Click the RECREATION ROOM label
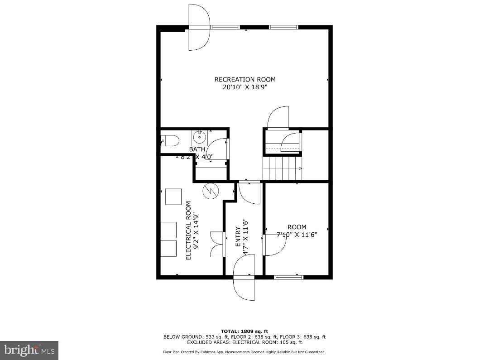point(244,80)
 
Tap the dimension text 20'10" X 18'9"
point(244,87)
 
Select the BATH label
point(197,149)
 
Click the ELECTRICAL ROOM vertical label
point(189,230)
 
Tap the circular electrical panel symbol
point(210,191)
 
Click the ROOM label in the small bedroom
point(297,227)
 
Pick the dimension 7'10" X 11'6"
point(297,235)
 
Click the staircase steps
point(282,168)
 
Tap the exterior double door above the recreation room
point(199,27)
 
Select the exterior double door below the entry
point(244,276)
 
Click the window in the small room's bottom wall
point(289,277)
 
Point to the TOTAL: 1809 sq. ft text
point(244,331)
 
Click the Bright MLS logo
point(29,350)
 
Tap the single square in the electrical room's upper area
point(173,197)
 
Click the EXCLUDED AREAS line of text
point(244,342)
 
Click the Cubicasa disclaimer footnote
point(244,352)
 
